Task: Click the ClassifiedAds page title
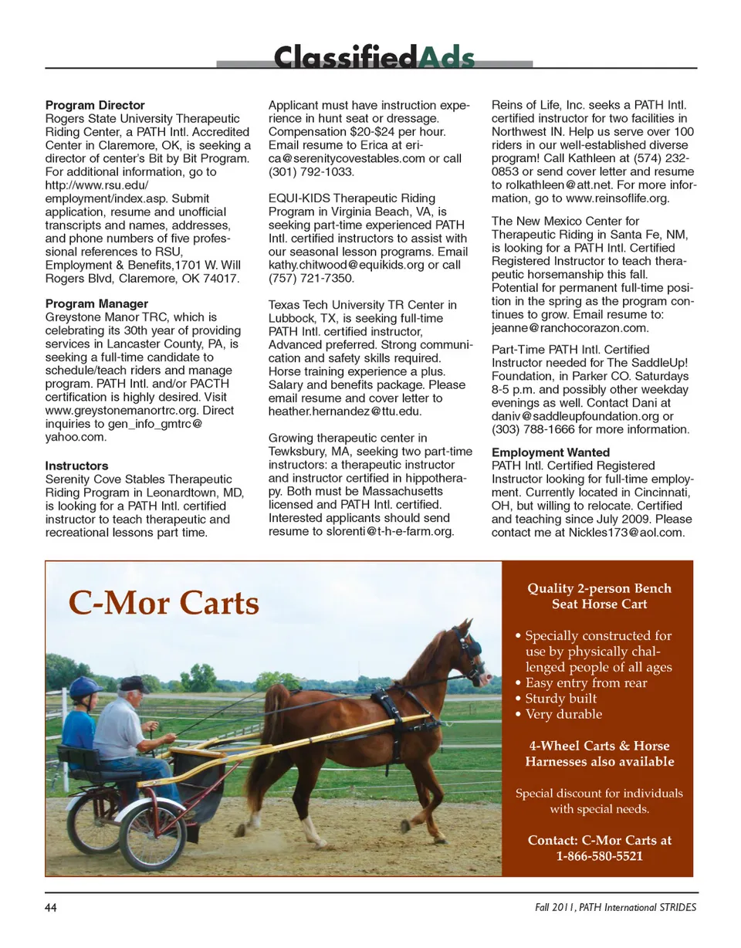[374, 58]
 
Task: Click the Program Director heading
[95, 105]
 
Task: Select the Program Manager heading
[96, 303]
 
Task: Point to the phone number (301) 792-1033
[311, 171]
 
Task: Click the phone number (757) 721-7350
[311, 278]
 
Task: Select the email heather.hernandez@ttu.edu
[345, 411]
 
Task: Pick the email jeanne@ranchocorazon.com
[570, 328]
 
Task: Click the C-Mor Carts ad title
[164, 602]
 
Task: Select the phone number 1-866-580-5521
[599, 855]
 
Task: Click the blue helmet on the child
[86, 686]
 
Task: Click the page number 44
[52, 907]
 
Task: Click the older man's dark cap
[133, 684]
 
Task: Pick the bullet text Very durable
[563, 715]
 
